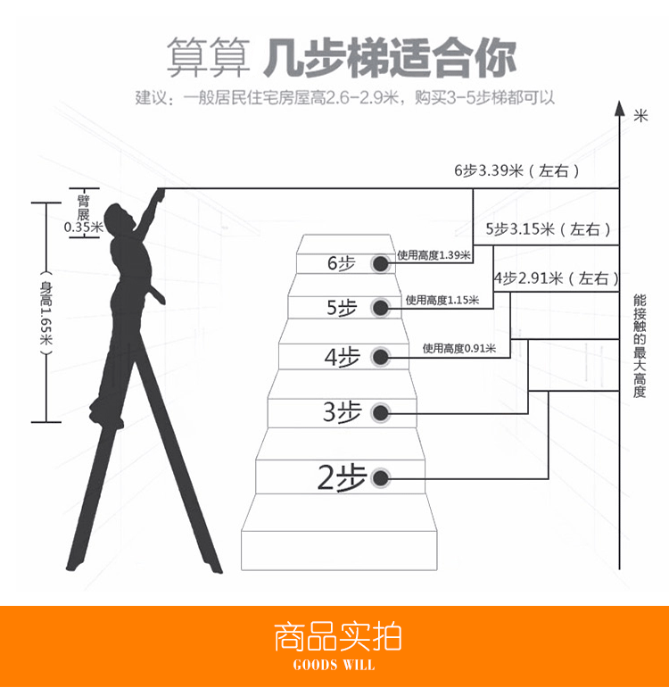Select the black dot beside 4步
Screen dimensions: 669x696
tap(381, 358)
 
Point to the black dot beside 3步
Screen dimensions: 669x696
tap(381, 412)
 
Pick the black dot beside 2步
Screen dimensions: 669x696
tap(381, 478)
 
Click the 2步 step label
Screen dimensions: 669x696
tap(342, 478)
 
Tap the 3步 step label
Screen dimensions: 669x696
tap(343, 412)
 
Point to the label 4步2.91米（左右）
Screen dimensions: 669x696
tap(555, 278)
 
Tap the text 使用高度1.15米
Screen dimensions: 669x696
tap(442, 300)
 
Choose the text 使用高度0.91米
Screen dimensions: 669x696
tap(459, 348)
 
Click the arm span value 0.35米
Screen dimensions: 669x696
tap(84, 228)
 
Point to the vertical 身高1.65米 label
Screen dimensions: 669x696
tap(45, 312)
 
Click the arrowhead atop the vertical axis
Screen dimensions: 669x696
tap(617, 108)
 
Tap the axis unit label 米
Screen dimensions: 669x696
tap(640, 114)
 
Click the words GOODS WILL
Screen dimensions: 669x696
tap(334, 665)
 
